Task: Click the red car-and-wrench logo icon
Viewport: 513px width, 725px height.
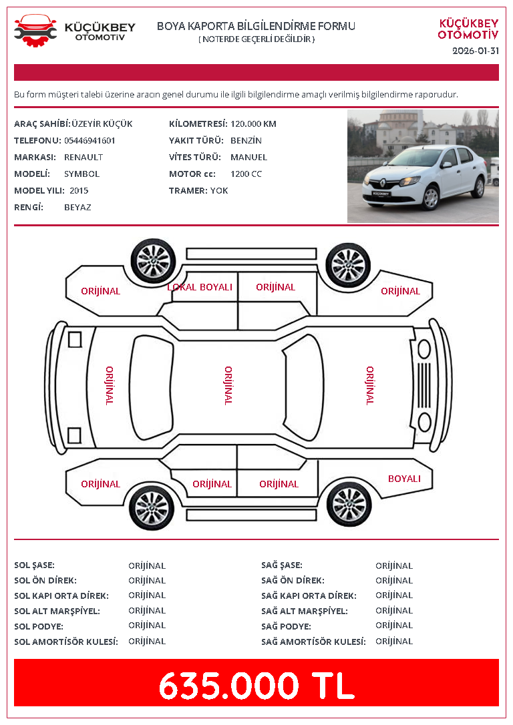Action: tap(35, 31)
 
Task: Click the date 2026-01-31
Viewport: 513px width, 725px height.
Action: tap(476, 51)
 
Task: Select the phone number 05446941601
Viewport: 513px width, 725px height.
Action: tap(90, 141)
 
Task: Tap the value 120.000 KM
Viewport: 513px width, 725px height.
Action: tap(253, 124)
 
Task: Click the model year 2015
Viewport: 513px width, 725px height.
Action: tap(79, 190)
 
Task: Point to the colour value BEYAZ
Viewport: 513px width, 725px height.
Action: tap(77, 207)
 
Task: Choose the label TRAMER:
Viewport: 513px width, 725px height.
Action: tap(188, 190)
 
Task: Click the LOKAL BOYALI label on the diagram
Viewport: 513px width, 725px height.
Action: tap(200, 287)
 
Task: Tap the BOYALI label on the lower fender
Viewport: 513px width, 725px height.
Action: tap(404, 479)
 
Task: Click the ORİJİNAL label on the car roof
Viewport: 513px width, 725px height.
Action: tap(228, 386)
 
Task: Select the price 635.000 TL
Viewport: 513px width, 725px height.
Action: tap(256, 685)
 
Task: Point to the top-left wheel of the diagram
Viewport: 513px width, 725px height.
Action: tap(153, 261)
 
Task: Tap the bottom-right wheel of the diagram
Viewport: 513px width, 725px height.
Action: tap(349, 504)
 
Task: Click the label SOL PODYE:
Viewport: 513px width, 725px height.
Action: tap(39, 626)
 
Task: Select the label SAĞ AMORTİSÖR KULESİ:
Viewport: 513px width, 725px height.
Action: tap(313, 642)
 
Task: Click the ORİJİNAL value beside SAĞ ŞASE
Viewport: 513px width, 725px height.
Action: tap(394, 565)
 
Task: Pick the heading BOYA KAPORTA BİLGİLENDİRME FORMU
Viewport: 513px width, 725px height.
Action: tap(256, 26)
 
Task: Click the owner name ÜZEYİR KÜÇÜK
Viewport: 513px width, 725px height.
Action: tap(102, 124)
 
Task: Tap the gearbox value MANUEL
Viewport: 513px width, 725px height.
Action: tap(249, 157)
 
